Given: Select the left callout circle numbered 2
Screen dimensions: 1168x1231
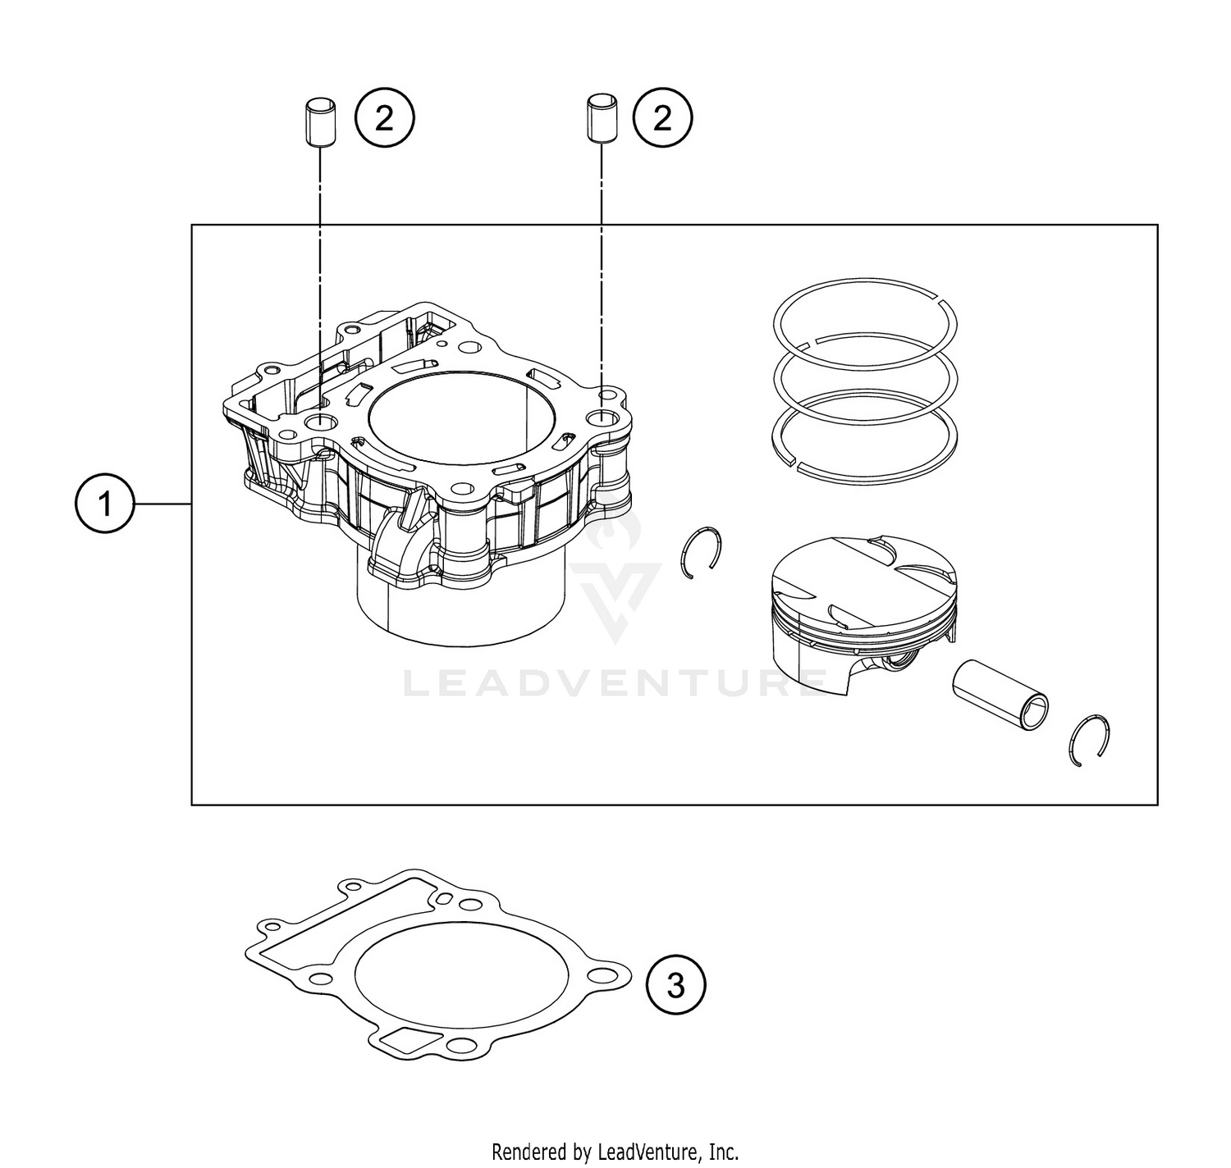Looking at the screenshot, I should pyautogui.click(x=384, y=119).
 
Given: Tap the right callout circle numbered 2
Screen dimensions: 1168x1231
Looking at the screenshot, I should pyautogui.click(x=661, y=119).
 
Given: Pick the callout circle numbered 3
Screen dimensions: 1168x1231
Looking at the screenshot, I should pyautogui.click(x=675, y=984).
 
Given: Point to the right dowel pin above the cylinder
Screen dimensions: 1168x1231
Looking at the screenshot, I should pyautogui.click(x=599, y=121).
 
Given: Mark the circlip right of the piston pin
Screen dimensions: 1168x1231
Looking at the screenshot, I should pyautogui.click(x=1091, y=739).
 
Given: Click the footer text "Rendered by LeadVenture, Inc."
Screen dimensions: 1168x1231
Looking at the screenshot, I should pyautogui.click(x=615, y=1151).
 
